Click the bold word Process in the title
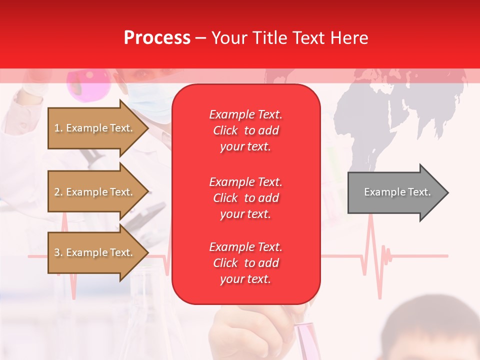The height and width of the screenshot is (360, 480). coord(157,38)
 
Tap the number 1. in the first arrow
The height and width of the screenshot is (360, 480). coord(58,128)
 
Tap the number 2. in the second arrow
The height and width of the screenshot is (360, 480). coord(58,192)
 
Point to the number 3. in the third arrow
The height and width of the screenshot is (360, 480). coord(58,252)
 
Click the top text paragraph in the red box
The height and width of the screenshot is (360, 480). coord(245,130)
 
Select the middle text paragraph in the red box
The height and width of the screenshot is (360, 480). coord(245,198)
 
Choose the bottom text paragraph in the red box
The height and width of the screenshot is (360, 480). coord(245,263)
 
